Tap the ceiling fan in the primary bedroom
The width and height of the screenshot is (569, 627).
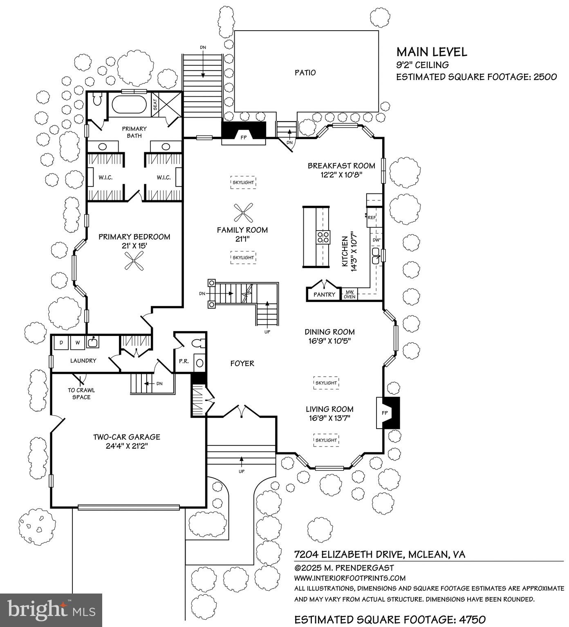coord(134,261)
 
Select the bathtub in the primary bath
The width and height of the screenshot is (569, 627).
coord(129,104)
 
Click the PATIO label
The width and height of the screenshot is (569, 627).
coord(305,73)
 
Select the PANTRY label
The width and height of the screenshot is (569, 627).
coord(324,294)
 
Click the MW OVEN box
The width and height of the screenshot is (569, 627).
coord(349,294)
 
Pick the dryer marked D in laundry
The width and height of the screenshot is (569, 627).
coord(61,342)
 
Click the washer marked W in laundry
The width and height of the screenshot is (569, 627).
coord(77,342)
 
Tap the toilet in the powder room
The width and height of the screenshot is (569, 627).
coord(197,343)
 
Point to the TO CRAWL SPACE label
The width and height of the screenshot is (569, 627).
coord(81,394)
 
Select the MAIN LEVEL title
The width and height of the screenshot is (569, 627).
coord(432,52)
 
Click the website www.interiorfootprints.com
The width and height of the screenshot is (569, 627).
coord(350,578)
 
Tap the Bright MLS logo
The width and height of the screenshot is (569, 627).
coord(51,610)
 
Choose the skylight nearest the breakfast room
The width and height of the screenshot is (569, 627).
coord(243,182)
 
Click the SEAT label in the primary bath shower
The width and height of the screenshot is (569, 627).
coord(155,105)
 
